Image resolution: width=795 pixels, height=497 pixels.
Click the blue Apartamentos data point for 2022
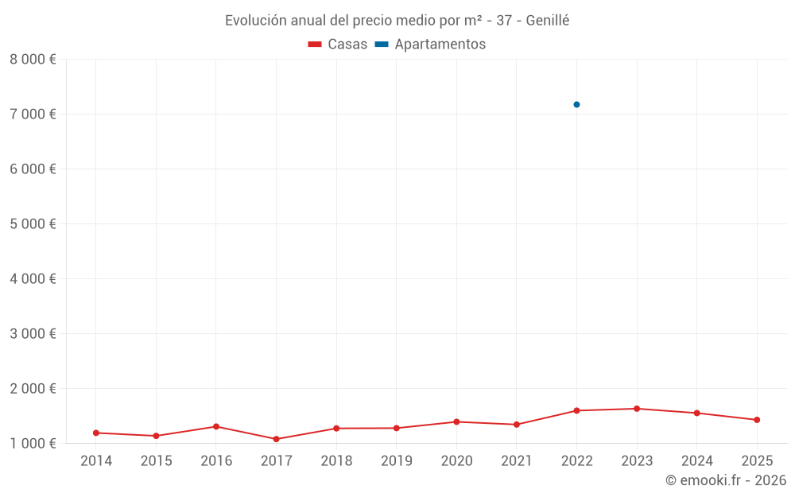[576, 104]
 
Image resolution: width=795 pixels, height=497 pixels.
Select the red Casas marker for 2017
[276, 439]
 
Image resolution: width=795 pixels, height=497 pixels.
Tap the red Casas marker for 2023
[637, 409]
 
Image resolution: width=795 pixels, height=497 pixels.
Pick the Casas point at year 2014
[96, 433]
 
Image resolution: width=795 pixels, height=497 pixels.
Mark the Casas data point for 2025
[757, 420]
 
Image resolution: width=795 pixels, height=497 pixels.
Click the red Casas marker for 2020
[456, 421]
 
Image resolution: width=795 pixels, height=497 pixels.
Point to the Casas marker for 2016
[216, 426]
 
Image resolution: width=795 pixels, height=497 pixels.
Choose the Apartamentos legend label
[440, 45]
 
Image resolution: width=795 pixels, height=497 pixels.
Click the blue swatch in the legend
[382, 45]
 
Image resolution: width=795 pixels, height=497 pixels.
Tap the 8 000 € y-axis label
[33, 59]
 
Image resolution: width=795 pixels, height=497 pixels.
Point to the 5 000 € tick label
[33, 223]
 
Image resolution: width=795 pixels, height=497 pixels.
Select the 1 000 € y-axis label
[33, 443]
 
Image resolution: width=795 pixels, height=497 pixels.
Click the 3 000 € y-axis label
[33, 333]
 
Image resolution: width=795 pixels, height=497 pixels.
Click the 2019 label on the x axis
[396, 461]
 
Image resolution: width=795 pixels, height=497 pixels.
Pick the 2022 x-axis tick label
[576, 461]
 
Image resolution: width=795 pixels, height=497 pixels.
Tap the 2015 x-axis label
[156, 461]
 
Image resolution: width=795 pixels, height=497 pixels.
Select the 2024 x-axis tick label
[696, 461]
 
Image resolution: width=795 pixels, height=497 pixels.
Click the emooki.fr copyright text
[725, 480]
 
